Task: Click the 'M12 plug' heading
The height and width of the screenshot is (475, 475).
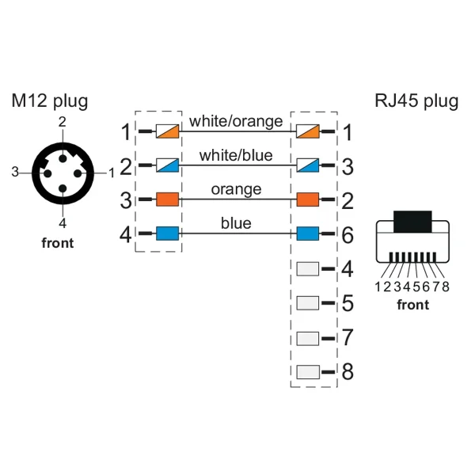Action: [x=49, y=101]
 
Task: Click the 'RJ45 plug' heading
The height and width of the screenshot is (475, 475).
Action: [x=416, y=101]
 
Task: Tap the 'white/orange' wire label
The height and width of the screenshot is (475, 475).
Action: [x=236, y=122]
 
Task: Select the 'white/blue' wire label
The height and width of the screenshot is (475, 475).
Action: [x=236, y=156]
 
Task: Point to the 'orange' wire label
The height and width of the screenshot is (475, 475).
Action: [x=236, y=190]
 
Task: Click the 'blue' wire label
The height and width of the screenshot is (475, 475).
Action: [x=236, y=224]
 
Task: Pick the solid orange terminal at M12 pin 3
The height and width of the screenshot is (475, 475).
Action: [x=167, y=199]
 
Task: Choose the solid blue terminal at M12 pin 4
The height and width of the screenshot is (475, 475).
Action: [x=167, y=234]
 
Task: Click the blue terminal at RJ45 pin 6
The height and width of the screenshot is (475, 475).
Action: [x=307, y=234]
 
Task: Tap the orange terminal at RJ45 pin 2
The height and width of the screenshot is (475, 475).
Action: [x=307, y=199]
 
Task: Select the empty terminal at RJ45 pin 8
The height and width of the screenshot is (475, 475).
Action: [x=307, y=370]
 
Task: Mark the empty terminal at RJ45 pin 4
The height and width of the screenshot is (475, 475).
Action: [x=307, y=268]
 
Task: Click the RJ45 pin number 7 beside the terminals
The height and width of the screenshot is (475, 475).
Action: [x=348, y=337]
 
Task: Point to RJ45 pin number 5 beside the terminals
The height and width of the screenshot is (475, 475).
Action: [x=348, y=303]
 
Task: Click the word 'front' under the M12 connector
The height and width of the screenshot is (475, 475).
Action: [x=57, y=243]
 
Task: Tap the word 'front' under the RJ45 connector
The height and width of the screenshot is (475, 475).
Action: [x=412, y=305]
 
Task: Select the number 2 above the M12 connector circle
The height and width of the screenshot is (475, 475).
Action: [x=62, y=121]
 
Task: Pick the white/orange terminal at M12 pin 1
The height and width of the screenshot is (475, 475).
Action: [x=167, y=131]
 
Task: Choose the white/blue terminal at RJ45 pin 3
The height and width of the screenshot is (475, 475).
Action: [x=307, y=165]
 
